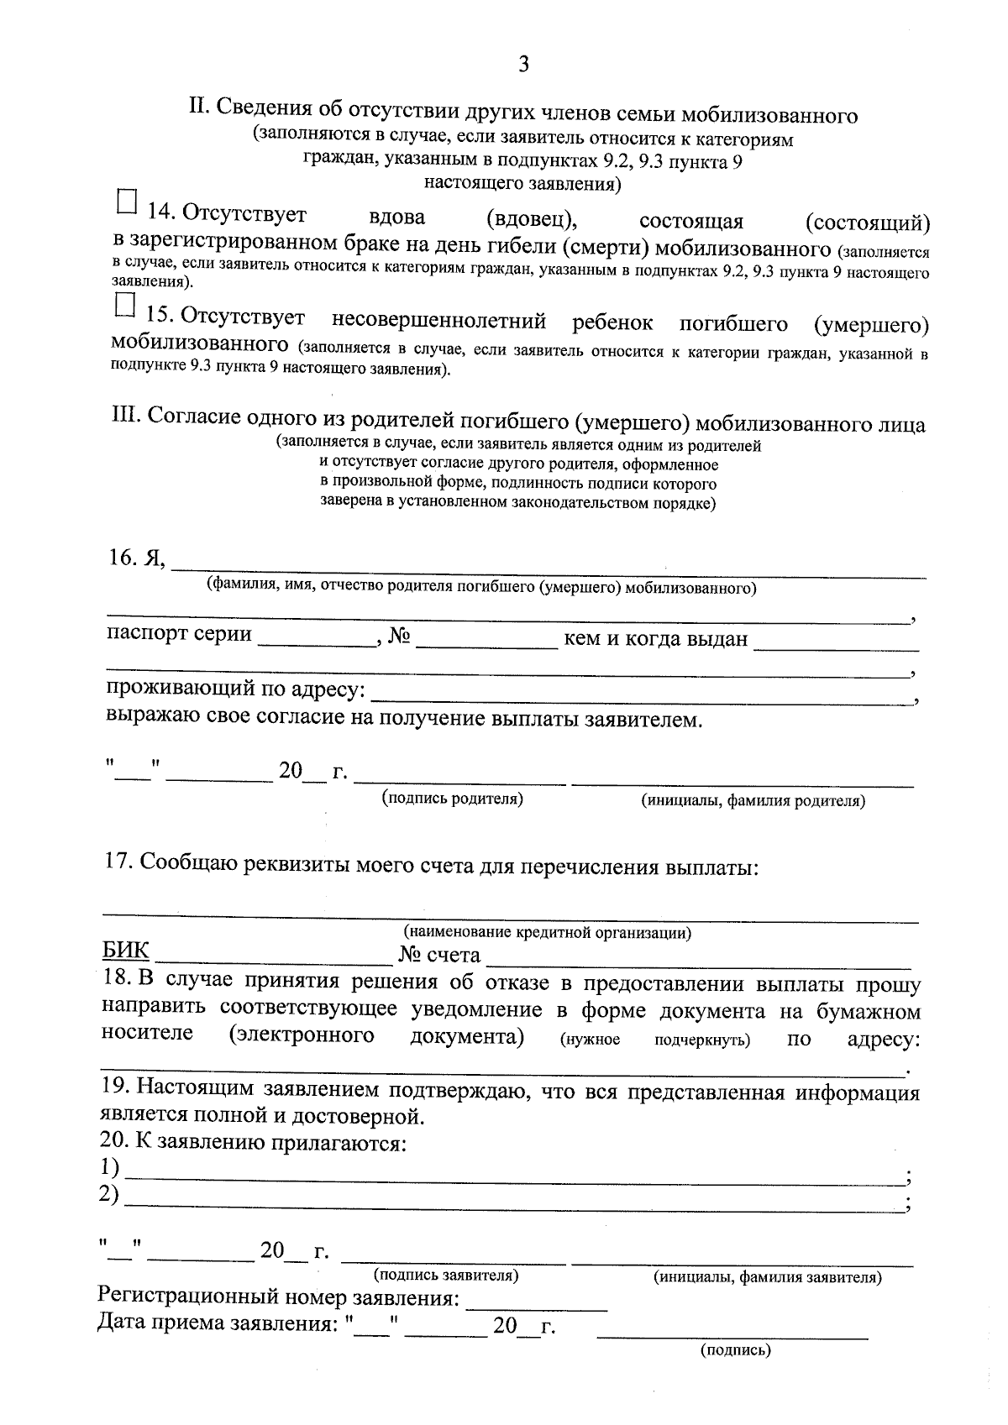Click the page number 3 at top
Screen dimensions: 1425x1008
(x=523, y=65)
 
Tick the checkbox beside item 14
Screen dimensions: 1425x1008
(x=125, y=202)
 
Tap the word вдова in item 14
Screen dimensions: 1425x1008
(x=397, y=217)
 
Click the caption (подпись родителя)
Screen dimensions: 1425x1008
(x=453, y=799)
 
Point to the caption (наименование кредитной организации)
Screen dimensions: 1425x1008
(x=548, y=932)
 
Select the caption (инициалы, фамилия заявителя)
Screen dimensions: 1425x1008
(x=767, y=1278)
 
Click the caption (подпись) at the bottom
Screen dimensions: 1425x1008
(x=735, y=1350)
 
